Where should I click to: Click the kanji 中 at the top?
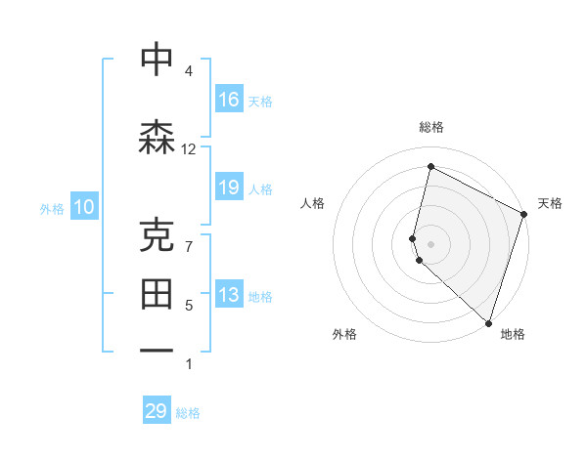157,60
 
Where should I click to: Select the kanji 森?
157,137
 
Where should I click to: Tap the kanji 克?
157,234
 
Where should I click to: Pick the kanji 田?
157,293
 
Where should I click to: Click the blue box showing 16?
229,100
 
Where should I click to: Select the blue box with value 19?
229,188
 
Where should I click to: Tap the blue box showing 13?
229,296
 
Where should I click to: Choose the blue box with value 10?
83,207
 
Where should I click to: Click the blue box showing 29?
157,411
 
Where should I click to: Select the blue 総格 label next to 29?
189,413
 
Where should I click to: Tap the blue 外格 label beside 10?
51,208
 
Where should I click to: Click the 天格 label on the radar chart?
550,203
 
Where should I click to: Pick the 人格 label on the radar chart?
312,203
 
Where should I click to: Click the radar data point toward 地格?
488,322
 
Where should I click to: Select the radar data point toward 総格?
430,167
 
